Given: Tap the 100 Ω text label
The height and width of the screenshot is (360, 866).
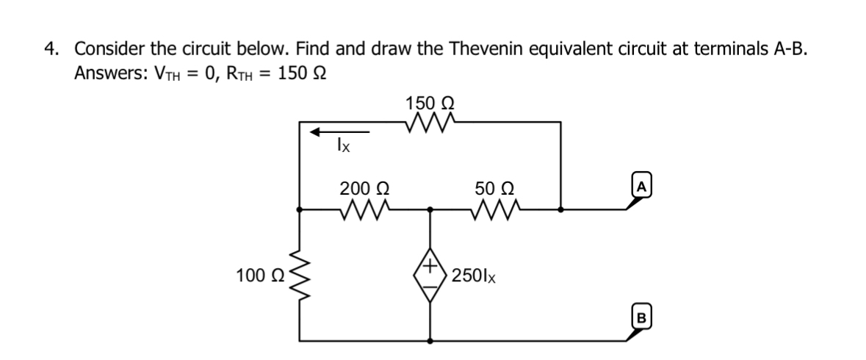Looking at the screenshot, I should (257, 276).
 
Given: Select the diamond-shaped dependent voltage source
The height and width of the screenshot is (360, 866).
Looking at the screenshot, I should (430, 276).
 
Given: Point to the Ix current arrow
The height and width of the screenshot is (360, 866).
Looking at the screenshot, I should (339, 132).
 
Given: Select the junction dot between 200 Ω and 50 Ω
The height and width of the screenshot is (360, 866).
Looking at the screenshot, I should (430, 209).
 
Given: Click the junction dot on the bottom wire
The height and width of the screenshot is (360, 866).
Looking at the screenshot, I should (430, 341).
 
